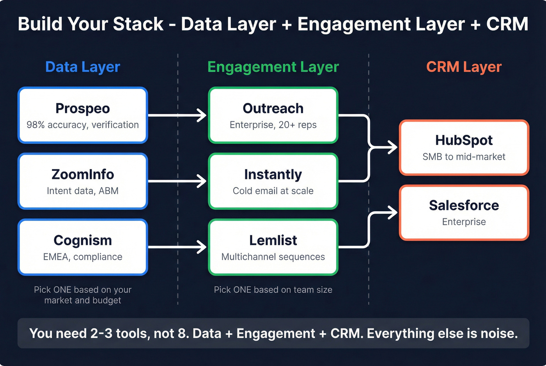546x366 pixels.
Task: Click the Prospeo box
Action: click(83, 115)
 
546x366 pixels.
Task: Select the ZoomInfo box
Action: click(83, 181)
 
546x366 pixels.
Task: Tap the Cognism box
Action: click(83, 247)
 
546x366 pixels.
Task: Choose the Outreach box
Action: click(273, 115)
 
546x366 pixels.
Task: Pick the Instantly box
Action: click(273, 181)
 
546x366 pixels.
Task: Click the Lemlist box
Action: click(273, 247)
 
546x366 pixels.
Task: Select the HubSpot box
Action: click(464, 147)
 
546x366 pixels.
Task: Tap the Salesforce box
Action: click(464, 212)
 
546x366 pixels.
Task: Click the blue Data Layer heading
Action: click(83, 67)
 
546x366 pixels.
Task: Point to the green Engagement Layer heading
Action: click(273, 67)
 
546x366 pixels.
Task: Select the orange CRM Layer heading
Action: click(464, 67)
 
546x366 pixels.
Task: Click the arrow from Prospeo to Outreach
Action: click(177, 115)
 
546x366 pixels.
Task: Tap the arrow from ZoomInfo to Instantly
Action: click(177, 181)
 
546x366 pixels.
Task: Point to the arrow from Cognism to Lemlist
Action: click(177, 247)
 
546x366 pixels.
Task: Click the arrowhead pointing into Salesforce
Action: click(392, 213)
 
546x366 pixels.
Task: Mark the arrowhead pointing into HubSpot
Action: click(392, 147)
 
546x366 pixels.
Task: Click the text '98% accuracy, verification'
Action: click(83, 125)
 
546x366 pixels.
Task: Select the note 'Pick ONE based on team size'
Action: click(273, 290)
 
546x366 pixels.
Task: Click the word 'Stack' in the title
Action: click(138, 24)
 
